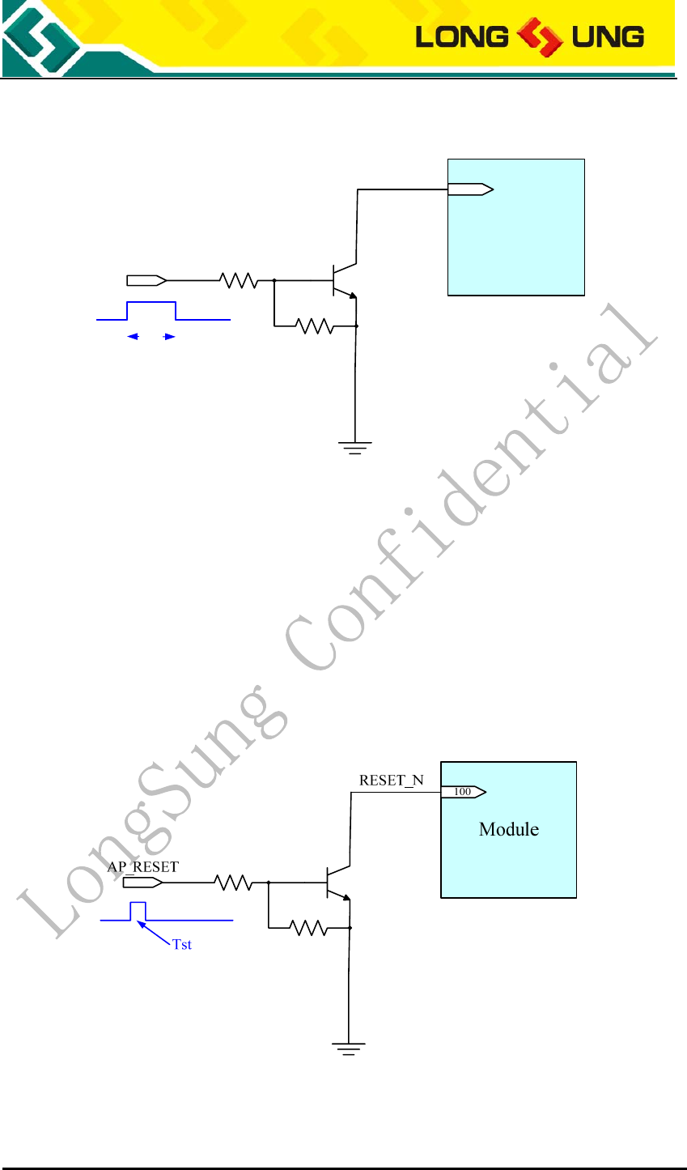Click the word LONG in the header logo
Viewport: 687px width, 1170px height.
click(x=461, y=36)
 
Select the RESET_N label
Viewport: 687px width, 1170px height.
click(x=391, y=781)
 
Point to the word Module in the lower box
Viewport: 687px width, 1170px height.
click(x=508, y=829)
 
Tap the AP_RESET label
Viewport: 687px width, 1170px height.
click(x=143, y=866)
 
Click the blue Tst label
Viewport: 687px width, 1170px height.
click(x=182, y=945)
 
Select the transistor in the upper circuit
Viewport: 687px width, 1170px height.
click(x=343, y=280)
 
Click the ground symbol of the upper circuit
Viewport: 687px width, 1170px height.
click(x=355, y=446)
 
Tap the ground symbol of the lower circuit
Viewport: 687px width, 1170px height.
click(x=348, y=1048)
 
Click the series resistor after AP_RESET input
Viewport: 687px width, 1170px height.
click(x=235, y=883)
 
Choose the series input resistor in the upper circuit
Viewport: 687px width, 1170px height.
click(x=239, y=280)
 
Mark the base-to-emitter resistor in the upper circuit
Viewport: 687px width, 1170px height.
click(x=315, y=326)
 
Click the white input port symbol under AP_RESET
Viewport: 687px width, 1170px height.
click(x=142, y=883)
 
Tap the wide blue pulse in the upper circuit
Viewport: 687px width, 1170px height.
click(x=152, y=310)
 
